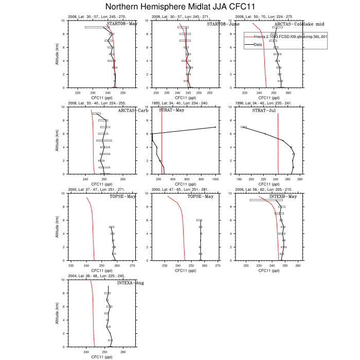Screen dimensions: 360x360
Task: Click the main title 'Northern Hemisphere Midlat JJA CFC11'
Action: pyautogui.click(x=179, y=7)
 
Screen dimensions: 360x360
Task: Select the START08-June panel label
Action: pyautogui.click(x=223, y=24)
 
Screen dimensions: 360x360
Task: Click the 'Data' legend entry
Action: pyautogui.click(x=258, y=45)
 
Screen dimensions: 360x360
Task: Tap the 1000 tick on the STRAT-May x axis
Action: pyautogui.click(x=215, y=179)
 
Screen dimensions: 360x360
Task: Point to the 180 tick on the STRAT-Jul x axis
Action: pyautogui.click(x=240, y=179)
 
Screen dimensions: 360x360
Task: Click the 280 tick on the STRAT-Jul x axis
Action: pyautogui.click(x=300, y=179)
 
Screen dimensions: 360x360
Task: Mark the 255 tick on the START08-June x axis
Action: pyautogui.click(x=210, y=93)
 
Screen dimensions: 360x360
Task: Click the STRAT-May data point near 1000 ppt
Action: pyautogui.click(x=215, y=127)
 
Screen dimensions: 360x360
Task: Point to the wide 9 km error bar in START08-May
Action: pyautogui.click(x=97, y=27)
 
